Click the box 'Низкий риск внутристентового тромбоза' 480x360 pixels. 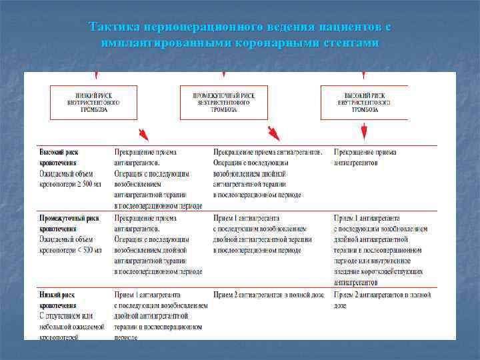(93, 102)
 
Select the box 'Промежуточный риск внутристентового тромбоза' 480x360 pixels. (223, 102)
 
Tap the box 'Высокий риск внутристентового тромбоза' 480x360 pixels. (364, 102)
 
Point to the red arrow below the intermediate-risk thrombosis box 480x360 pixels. (273, 132)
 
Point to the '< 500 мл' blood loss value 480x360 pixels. (89, 250)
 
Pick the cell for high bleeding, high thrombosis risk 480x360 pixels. (365, 157)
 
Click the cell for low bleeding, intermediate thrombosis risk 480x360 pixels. (269, 294)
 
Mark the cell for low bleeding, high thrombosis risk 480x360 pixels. (381, 299)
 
